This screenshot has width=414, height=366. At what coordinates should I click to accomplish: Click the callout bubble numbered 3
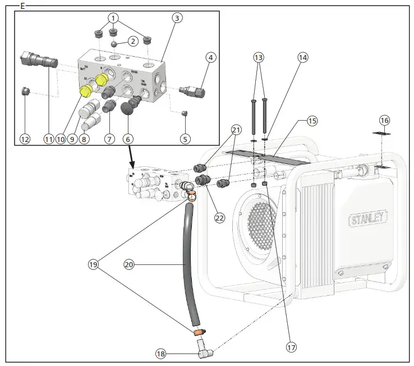[x=177, y=18]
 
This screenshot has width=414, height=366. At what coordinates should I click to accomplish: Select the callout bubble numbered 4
[x=210, y=57]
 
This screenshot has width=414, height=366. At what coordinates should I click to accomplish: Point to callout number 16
[x=384, y=120]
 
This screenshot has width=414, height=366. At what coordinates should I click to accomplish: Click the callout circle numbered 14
[x=303, y=57]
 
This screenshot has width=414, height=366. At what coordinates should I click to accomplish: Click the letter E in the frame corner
[x=22, y=6]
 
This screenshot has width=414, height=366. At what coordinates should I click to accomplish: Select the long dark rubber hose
[x=190, y=264]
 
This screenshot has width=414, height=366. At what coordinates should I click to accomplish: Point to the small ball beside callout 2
[x=114, y=44]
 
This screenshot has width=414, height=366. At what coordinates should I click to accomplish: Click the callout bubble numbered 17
[x=290, y=347]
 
